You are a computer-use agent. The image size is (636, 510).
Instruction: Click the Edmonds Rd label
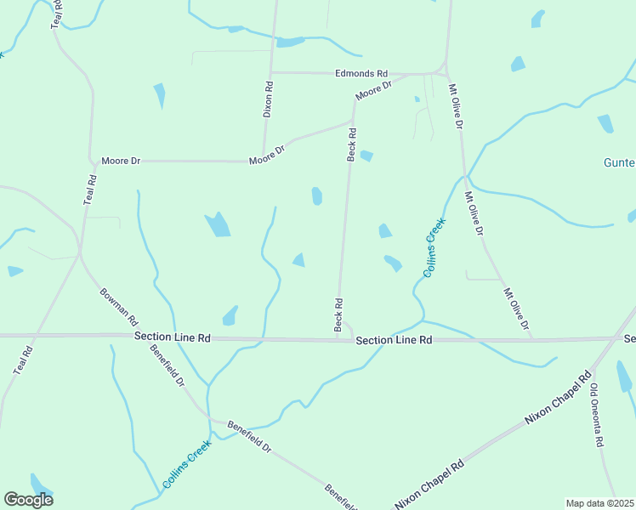click(361, 74)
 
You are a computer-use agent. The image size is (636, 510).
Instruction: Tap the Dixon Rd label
click(268, 99)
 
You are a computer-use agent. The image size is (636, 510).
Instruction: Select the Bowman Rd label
click(118, 305)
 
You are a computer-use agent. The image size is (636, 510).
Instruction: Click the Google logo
click(28, 500)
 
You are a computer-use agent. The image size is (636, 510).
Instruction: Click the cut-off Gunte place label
click(619, 162)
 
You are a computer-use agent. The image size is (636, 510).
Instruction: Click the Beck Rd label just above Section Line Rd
click(338, 314)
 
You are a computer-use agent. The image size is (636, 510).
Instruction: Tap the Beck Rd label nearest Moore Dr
click(351, 144)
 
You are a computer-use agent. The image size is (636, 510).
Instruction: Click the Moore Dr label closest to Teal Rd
click(120, 160)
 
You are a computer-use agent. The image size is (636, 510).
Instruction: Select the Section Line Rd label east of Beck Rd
click(395, 340)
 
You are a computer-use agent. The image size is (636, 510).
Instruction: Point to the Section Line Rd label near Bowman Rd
click(173, 337)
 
